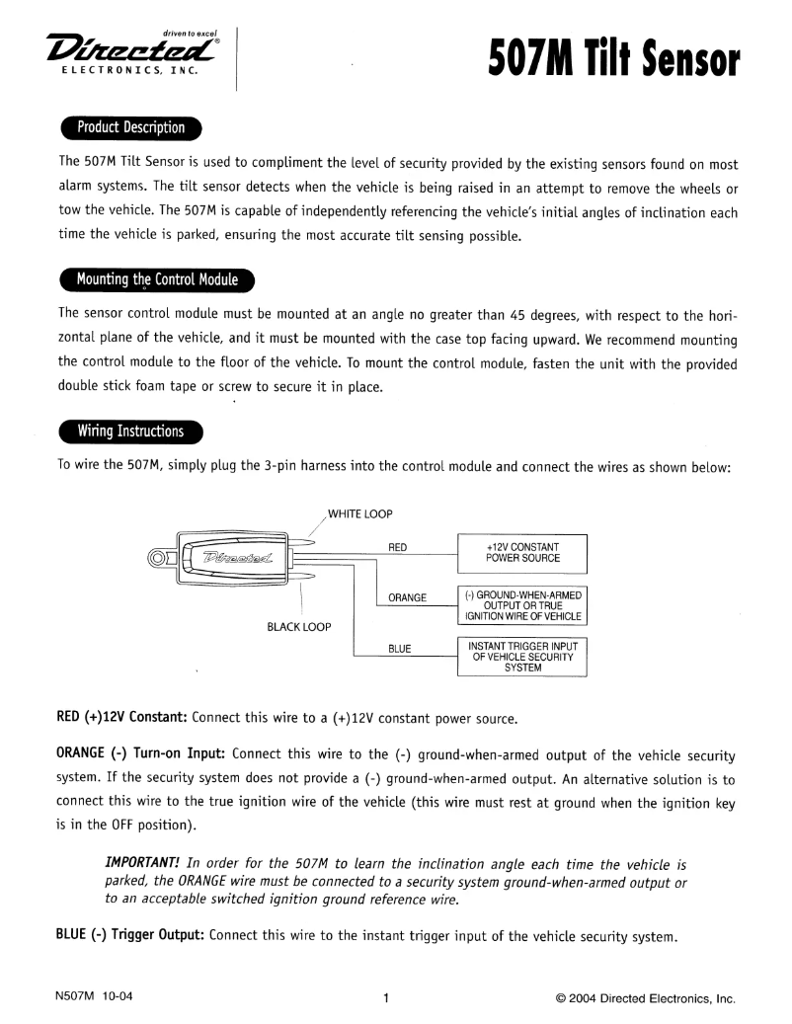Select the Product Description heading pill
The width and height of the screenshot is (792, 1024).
tap(130, 128)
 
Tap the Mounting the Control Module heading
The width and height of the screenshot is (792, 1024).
tap(157, 279)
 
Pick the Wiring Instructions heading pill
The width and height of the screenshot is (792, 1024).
tap(130, 432)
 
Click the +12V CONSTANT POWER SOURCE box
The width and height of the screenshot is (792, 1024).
tap(522, 552)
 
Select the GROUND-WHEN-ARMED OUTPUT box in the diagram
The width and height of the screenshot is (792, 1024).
tap(522, 606)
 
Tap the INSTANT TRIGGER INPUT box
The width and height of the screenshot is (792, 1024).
tap(522, 656)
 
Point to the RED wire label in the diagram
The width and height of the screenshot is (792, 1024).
tap(398, 546)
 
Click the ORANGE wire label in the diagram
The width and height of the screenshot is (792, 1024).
tap(407, 597)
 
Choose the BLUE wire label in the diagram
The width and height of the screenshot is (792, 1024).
tap(399, 649)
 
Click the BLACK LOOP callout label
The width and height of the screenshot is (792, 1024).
tap(299, 627)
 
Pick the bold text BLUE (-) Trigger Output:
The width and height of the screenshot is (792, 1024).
tap(128, 935)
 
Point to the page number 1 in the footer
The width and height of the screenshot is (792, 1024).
tap(386, 997)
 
